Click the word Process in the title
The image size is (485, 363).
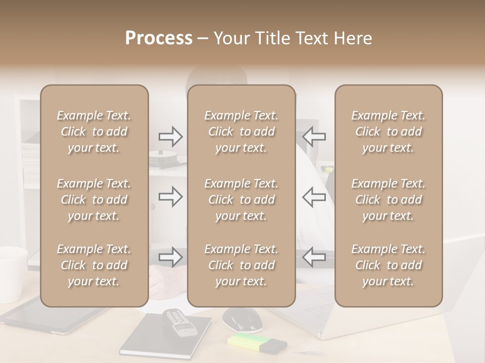[159, 38]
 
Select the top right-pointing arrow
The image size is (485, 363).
[170, 136]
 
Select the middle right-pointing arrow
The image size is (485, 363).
[170, 197]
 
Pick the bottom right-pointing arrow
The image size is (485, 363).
[170, 257]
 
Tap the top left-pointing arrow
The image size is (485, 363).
[314, 136]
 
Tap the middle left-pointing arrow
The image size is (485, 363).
[314, 197]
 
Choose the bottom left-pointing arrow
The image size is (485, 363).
[314, 257]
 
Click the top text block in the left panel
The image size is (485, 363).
[94, 132]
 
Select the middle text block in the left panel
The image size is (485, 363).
[94, 200]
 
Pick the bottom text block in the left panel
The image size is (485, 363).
[94, 265]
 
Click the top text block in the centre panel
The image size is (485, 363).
[241, 132]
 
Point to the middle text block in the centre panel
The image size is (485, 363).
[241, 200]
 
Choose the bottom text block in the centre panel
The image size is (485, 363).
[241, 265]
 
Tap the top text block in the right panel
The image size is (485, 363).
[388, 132]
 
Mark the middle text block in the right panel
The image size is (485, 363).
[388, 200]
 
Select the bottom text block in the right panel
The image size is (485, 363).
[388, 265]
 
